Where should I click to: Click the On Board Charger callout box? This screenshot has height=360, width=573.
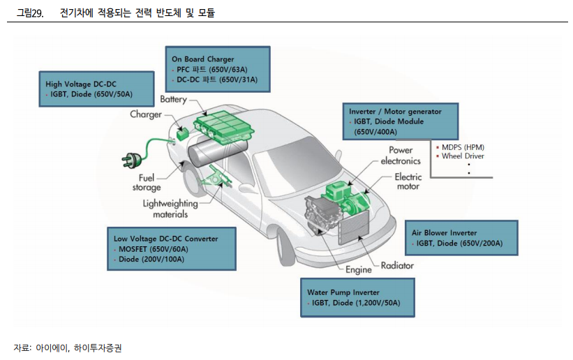coord(216,69)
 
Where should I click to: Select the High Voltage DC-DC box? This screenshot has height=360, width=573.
coord(96,89)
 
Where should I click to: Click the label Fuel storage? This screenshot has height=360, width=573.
coord(147,183)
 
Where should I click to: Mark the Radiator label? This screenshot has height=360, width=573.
coord(398,265)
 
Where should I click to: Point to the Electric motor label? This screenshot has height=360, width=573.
coord(408,181)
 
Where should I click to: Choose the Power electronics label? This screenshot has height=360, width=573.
coord(401,155)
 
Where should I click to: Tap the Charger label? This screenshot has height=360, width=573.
coord(146,114)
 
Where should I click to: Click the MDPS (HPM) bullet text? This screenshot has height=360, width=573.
coord(462,147)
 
